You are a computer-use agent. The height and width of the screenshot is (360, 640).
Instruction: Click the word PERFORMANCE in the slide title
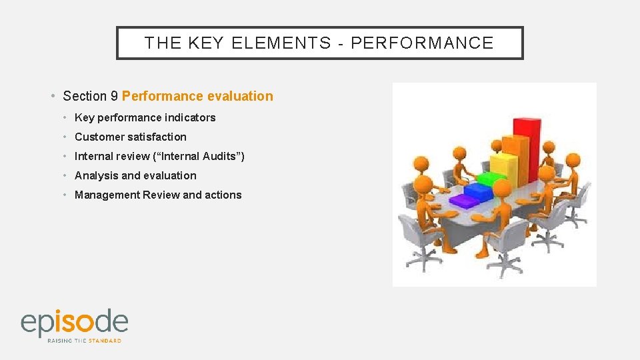click(422, 43)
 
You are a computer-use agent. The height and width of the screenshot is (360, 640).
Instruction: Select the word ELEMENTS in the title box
click(281, 43)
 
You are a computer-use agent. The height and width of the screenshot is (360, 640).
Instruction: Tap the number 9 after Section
click(115, 96)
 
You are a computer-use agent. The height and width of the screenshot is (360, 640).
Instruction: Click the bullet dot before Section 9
click(53, 96)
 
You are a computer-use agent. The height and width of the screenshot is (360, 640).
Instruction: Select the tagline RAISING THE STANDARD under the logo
click(84, 341)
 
